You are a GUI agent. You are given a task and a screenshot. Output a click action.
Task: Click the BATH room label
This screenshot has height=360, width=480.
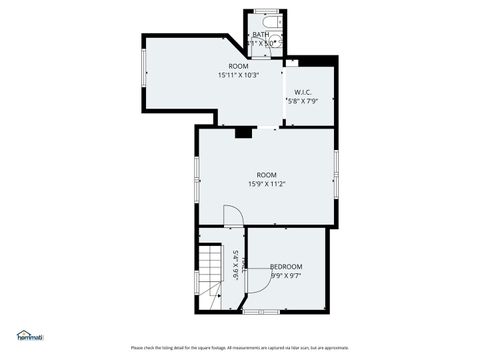[261, 35]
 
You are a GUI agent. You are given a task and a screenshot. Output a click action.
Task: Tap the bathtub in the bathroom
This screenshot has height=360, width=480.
[266, 21]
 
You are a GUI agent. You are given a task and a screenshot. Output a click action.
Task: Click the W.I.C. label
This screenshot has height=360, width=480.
[304, 91]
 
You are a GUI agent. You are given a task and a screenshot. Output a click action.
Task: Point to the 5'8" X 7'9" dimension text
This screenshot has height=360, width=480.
[302, 100]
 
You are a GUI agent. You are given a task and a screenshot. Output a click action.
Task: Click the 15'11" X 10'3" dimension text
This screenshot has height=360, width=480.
[238, 75]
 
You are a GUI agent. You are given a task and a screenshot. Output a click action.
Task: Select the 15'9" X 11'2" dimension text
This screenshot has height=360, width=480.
[266, 184]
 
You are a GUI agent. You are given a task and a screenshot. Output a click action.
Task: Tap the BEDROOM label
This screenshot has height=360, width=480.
[286, 266]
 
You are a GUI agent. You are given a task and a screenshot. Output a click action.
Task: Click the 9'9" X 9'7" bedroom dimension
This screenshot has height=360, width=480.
[286, 275]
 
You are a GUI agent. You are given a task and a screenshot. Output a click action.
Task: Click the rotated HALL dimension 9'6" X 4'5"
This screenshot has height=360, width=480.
[236, 265]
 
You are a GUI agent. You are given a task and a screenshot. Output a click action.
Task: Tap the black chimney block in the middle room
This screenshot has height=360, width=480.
[242, 130]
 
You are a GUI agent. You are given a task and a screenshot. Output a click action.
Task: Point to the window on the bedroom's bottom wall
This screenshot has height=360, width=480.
[258, 311]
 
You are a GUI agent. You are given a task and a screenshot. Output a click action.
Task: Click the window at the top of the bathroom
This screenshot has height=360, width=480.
[266, 11]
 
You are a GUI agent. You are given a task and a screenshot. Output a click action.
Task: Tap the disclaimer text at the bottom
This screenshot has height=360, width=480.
[240, 347]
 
